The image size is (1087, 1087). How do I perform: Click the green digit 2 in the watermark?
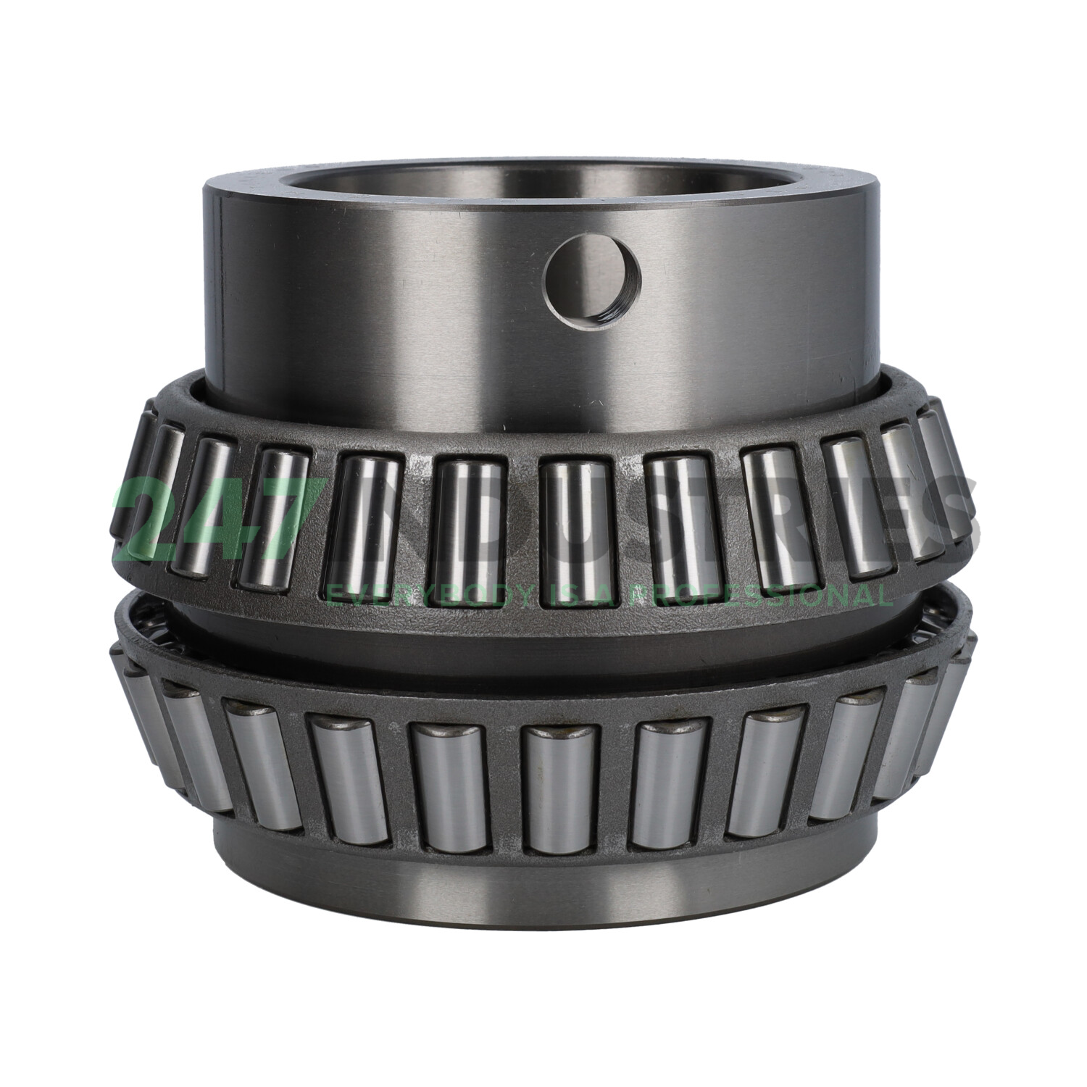coord(148,519)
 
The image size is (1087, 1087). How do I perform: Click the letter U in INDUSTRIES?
coord(572,519)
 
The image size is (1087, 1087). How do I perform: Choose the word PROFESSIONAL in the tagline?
coord(761,596)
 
